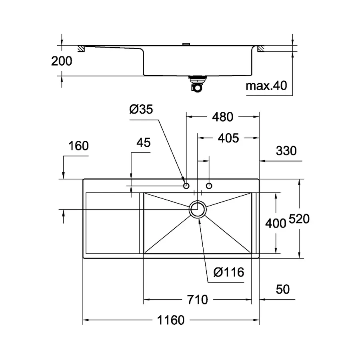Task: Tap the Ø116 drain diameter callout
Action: (x=228, y=273)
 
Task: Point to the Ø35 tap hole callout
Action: (x=141, y=109)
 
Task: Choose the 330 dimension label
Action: (x=286, y=151)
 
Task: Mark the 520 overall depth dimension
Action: (x=298, y=219)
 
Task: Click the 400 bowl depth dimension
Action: (x=276, y=223)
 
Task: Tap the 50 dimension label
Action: (x=282, y=289)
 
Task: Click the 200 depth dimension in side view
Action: (x=62, y=61)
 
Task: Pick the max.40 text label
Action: (x=266, y=86)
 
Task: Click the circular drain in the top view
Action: (x=198, y=209)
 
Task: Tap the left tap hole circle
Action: (x=186, y=186)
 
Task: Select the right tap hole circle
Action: (x=209, y=186)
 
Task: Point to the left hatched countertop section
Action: (x=81, y=48)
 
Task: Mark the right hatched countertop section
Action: (x=260, y=49)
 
